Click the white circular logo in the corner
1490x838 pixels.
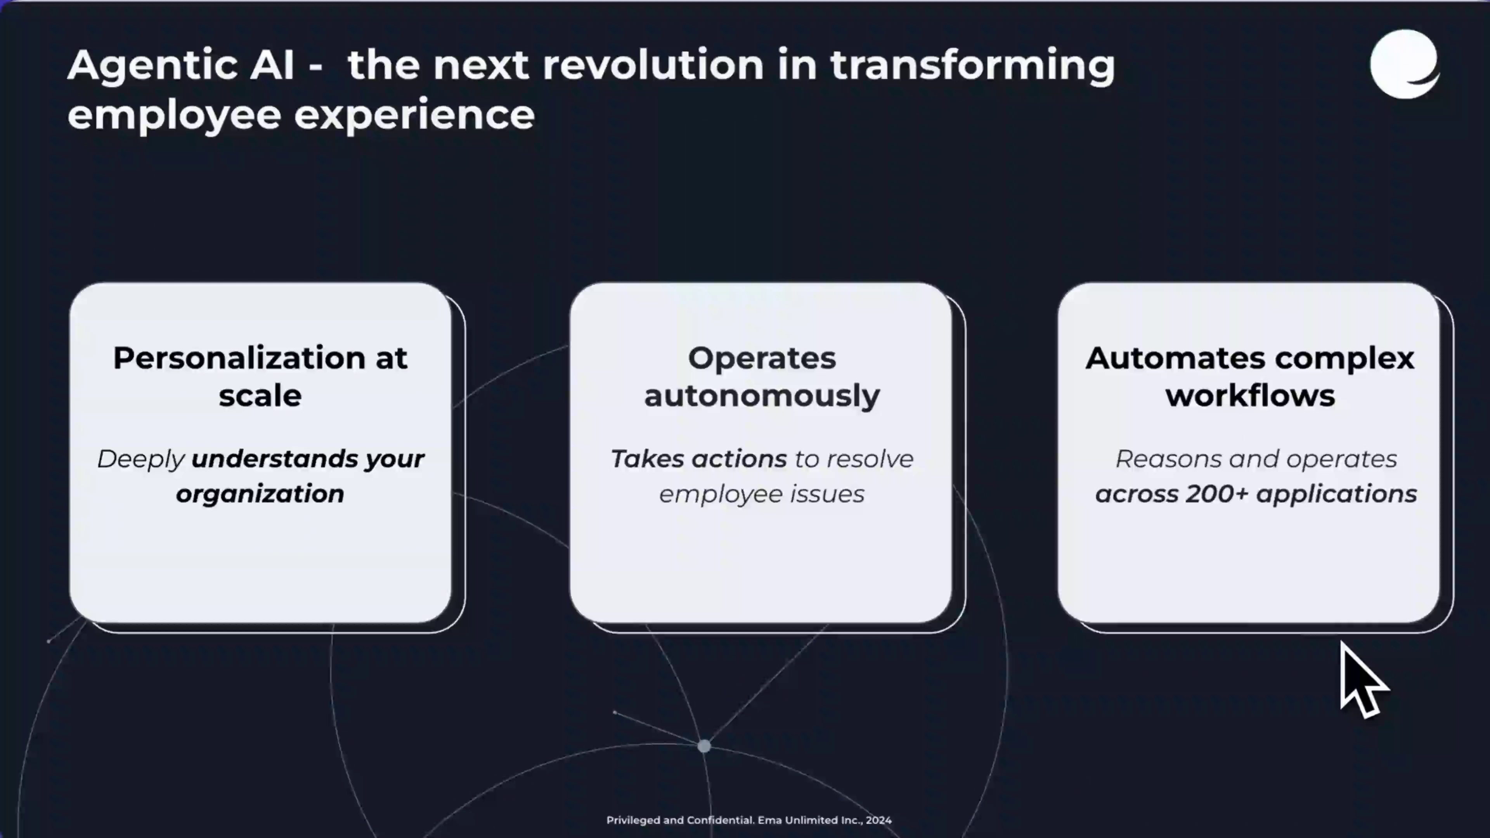1404,64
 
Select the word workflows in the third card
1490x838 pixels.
1250,396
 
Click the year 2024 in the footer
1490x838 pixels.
878,820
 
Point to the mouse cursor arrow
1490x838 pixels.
1362,680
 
